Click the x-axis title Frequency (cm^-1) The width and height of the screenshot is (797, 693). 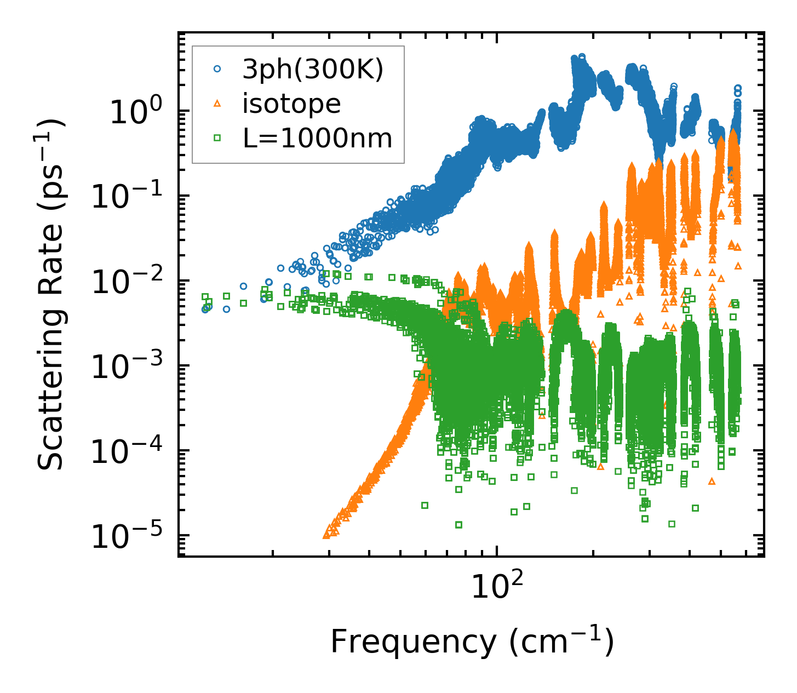(472, 642)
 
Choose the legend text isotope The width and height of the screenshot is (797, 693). (291, 104)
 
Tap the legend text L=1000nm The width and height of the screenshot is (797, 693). (317, 139)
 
